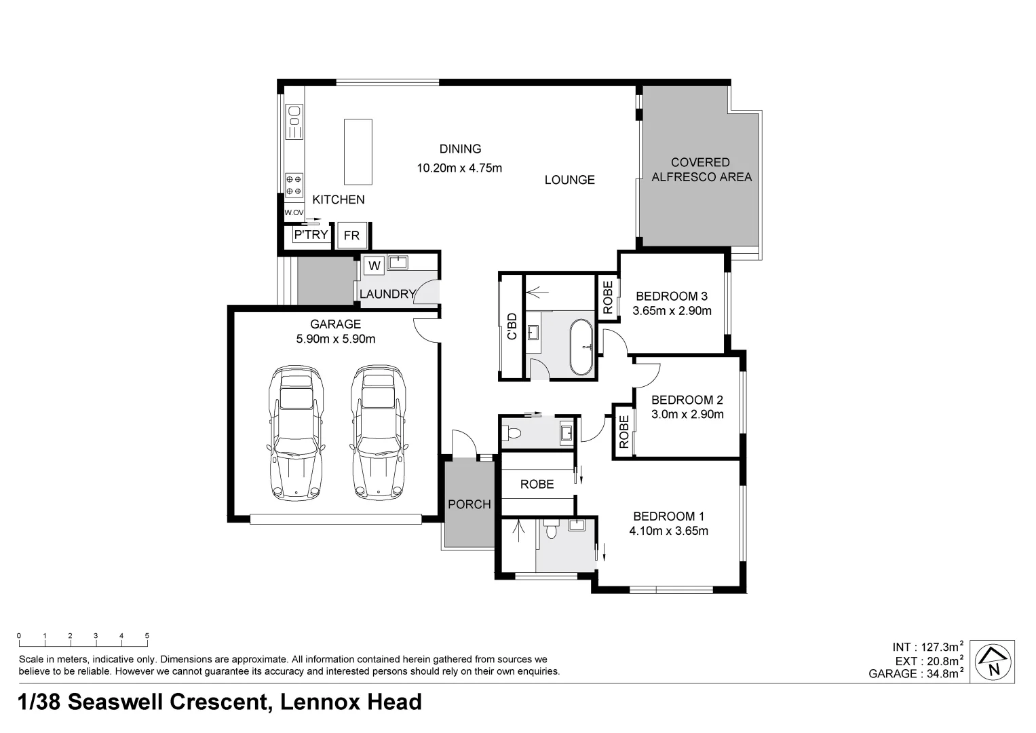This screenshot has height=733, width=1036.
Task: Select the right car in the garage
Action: coord(378,434)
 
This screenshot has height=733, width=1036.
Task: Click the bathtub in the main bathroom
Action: coord(581,347)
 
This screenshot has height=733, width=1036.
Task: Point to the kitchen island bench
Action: coord(358,151)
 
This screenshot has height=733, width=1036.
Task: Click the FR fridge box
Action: coord(351,236)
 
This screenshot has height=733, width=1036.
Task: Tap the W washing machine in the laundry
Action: coord(374,265)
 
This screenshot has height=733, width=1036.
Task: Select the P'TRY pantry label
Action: coord(311,235)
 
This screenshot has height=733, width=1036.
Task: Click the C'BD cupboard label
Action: coord(512,326)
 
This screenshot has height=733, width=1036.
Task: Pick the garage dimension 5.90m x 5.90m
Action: coord(335,339)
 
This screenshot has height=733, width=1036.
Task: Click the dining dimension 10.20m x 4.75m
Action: coord(459,168)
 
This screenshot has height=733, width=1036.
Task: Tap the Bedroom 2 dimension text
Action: coord(687,415)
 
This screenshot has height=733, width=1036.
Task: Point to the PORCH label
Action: coord(469,504)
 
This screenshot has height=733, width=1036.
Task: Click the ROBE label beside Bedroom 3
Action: coord(607,297)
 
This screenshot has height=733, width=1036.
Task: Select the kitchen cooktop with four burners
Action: coord(294,185)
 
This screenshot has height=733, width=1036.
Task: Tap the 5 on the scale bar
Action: coord(147,636)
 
